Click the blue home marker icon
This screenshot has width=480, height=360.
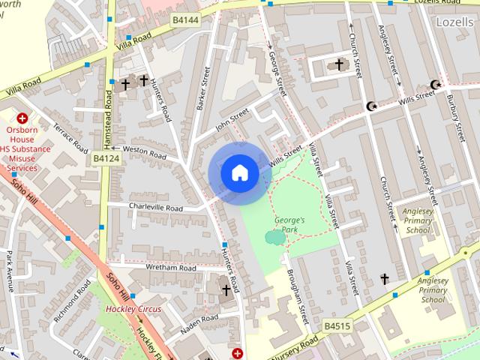point(239,172)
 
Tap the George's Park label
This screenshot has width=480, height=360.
point(289,225)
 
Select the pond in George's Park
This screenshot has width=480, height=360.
point(275,238)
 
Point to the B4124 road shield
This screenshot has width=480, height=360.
point(106,159)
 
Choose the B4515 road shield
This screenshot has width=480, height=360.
point(338,325)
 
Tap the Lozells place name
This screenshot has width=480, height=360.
point(454,22)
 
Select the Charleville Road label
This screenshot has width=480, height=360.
point(155,208)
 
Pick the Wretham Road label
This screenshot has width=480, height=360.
point(172,268)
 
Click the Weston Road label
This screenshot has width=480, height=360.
point(144,152)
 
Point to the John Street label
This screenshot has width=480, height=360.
point(231,120)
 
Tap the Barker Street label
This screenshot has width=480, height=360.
point(202,88)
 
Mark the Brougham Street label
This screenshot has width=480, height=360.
point(298,298)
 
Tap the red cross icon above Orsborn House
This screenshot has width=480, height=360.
point(22,118)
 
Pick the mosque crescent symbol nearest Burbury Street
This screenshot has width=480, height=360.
point(433,84)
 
